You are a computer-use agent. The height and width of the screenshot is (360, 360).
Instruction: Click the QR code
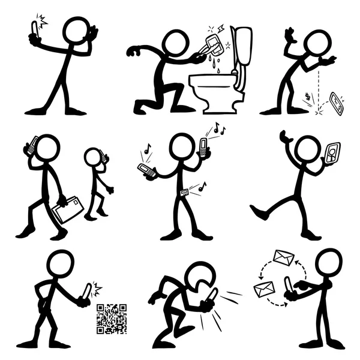point(112,319)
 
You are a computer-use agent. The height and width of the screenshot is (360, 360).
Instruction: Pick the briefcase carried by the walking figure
point(68,209)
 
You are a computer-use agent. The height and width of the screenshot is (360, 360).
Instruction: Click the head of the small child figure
point(94,158)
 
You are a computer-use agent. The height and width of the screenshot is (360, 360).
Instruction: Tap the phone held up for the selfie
point(34,28)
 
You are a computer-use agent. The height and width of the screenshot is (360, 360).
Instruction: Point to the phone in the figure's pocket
point(184,193)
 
